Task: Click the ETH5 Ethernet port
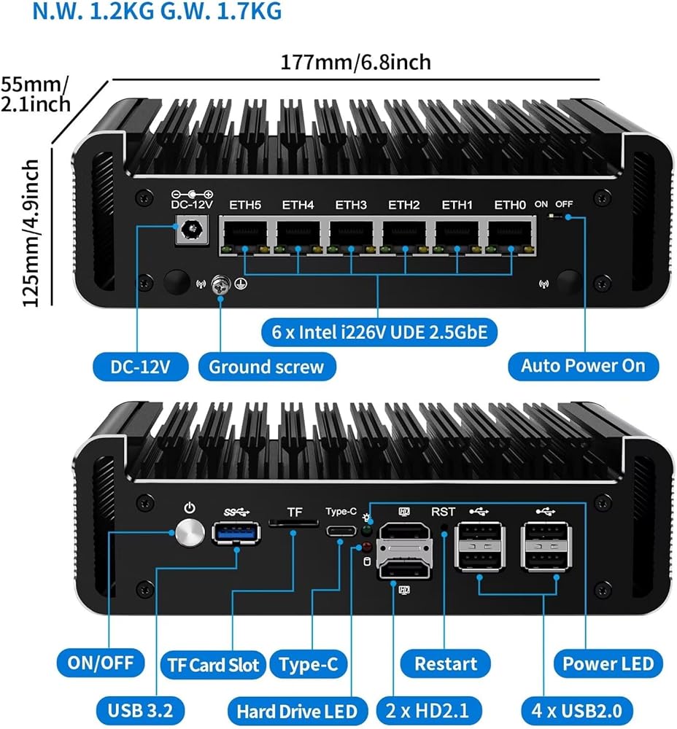[x=245, y=234]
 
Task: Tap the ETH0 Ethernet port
[x=510, y=234]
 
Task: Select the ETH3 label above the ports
[x=351, y=205]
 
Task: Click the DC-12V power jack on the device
[x=191, y=233]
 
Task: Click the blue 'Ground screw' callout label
[x=266, y=366]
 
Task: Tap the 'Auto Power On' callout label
[x=583, y=366]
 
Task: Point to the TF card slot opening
[x=293, y=523]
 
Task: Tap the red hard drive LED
[x=366, y=547]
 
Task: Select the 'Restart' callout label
[x=446, y=663]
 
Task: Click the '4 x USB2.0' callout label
[x=578, y=709]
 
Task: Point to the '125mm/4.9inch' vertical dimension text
[x=31, y=224]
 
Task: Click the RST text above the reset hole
[x=444, y=512]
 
